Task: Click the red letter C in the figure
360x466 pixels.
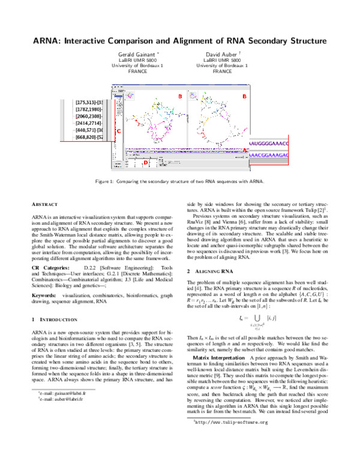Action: coord(118,130)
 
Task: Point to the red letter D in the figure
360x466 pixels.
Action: coord(146,163)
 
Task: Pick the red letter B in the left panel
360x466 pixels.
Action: coord(179,96)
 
